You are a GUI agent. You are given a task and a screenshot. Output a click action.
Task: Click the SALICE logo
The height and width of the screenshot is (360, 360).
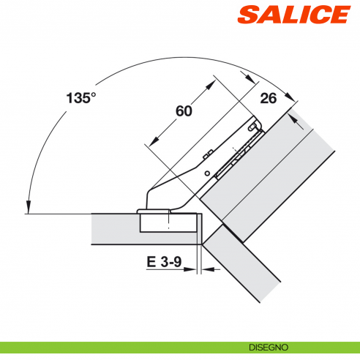pyautogui.click(x=301, y=15)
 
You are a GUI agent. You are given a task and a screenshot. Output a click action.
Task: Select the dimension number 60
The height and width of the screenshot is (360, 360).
pyautogui.click(x=183, y=110)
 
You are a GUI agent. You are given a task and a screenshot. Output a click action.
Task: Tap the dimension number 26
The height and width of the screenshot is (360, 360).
pyautogui.click(x=269, y=100)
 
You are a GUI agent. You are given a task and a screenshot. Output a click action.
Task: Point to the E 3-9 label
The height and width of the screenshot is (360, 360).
pyautogui.click(x=162, y=261)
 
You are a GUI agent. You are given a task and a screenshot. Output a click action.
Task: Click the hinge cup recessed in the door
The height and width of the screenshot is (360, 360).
pyautogui.click(x=168, y=221)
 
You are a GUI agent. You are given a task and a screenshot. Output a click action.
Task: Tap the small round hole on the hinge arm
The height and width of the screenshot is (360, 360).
pyautogui.click(x=207, y=173)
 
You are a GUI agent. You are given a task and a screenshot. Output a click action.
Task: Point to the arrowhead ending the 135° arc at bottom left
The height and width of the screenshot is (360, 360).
pyautogui.click(x=27, y=208)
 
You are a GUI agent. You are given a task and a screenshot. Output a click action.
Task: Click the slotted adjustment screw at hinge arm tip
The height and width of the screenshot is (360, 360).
pyautogui.click(x=253, y=130)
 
